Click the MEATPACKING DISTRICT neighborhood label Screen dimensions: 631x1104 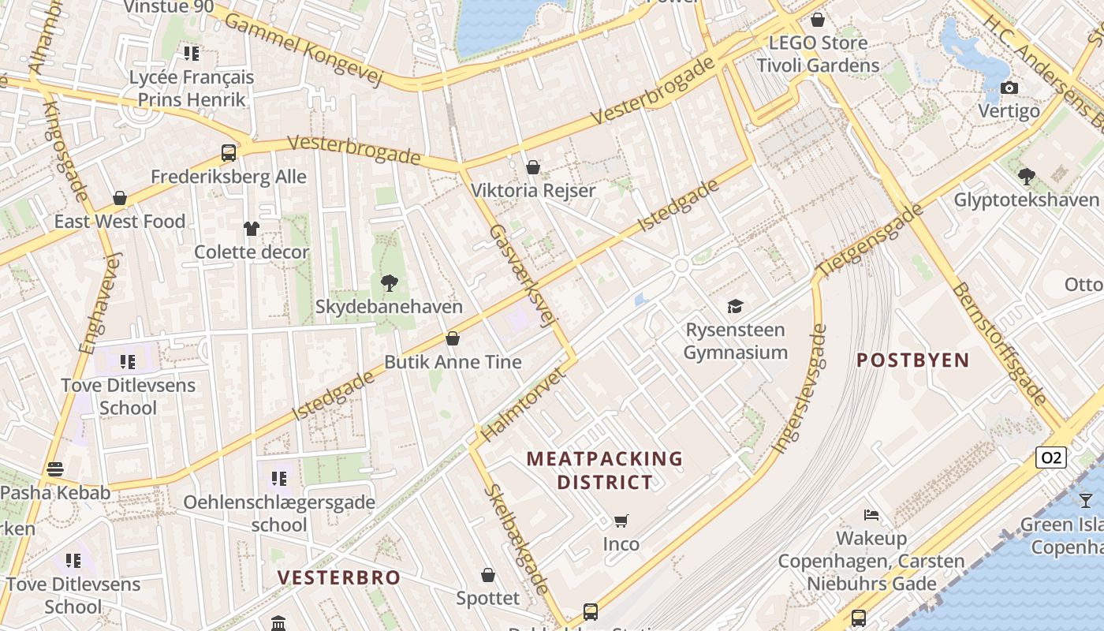[x=605, y=470]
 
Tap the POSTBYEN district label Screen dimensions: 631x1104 [x=912, y=360]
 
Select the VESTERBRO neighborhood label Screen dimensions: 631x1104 [x=339, y=577]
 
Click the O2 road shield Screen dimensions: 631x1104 [x=1051, y=457]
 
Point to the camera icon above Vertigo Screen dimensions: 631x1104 [x=1009, y=88]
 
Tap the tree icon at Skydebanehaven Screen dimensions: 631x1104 [x=389, y=283]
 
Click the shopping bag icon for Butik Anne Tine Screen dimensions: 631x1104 [x=453, y=338]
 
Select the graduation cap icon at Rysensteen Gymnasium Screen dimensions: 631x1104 [x=735, y=306]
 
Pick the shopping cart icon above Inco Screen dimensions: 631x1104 [x=621, y=521]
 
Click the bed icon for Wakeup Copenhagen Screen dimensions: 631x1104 [x=871, y=515]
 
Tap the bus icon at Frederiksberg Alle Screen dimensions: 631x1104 [x=229, y=153]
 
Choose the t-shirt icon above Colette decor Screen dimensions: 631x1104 [x=251, y=229]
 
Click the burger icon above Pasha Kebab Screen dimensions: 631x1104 [x=54, y=469]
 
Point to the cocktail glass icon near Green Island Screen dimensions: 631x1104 [x=1086, y=500]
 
